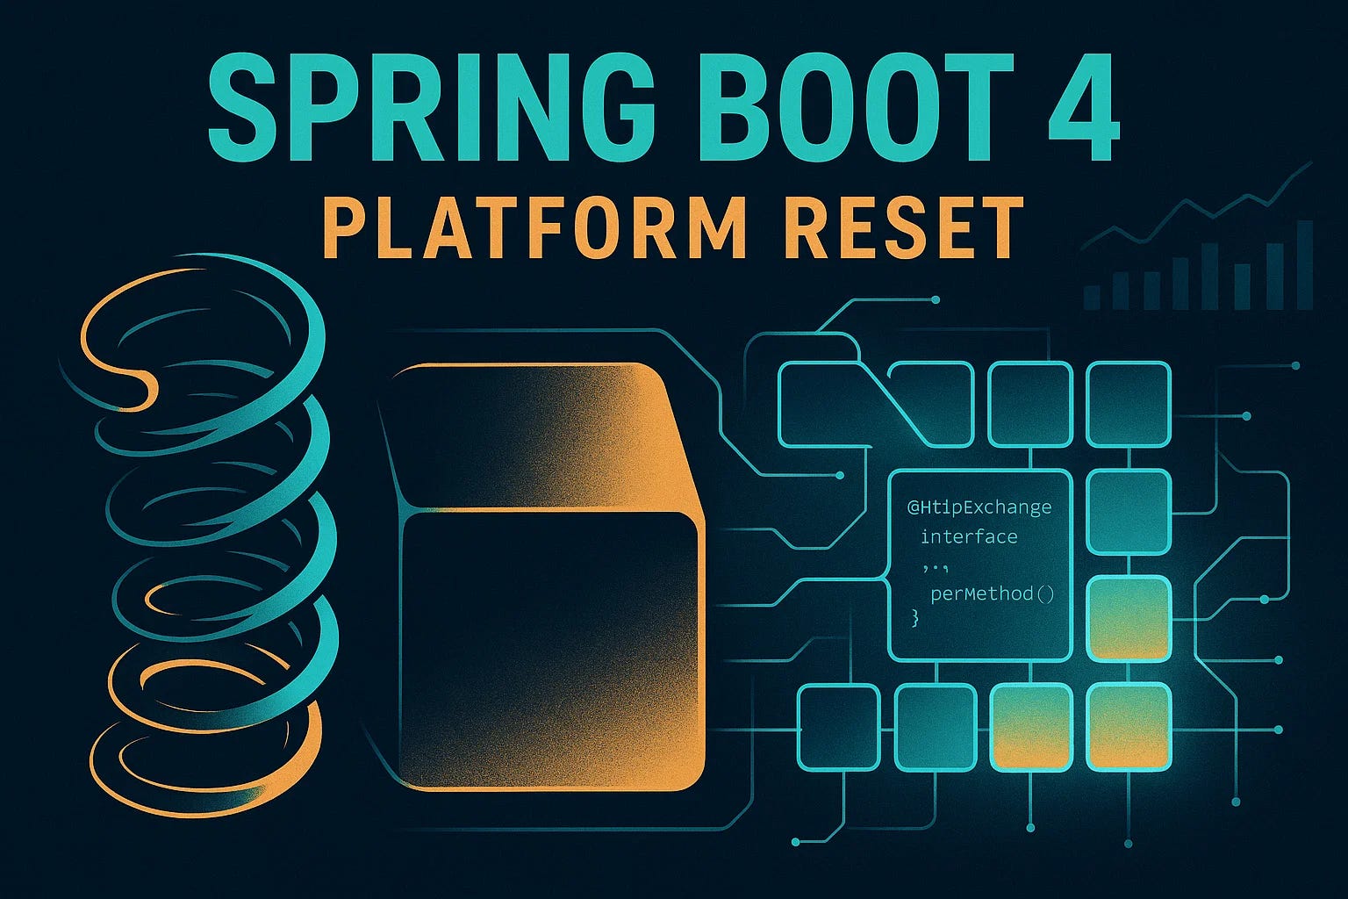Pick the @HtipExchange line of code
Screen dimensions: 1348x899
coord(979,507)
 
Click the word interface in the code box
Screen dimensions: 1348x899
coord(969,536)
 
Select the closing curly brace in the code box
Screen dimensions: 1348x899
coord(915,618)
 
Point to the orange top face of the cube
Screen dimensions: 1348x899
coord(535,435)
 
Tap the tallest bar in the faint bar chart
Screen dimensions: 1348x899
coord(1304,264)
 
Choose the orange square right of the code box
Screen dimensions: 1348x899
coord(1129,618)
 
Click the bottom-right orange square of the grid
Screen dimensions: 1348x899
coord(1129,726)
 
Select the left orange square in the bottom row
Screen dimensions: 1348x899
coord(1031,726)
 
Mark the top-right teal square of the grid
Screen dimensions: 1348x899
coord(1129,405)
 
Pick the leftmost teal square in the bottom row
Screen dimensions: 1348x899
coord(838,727)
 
